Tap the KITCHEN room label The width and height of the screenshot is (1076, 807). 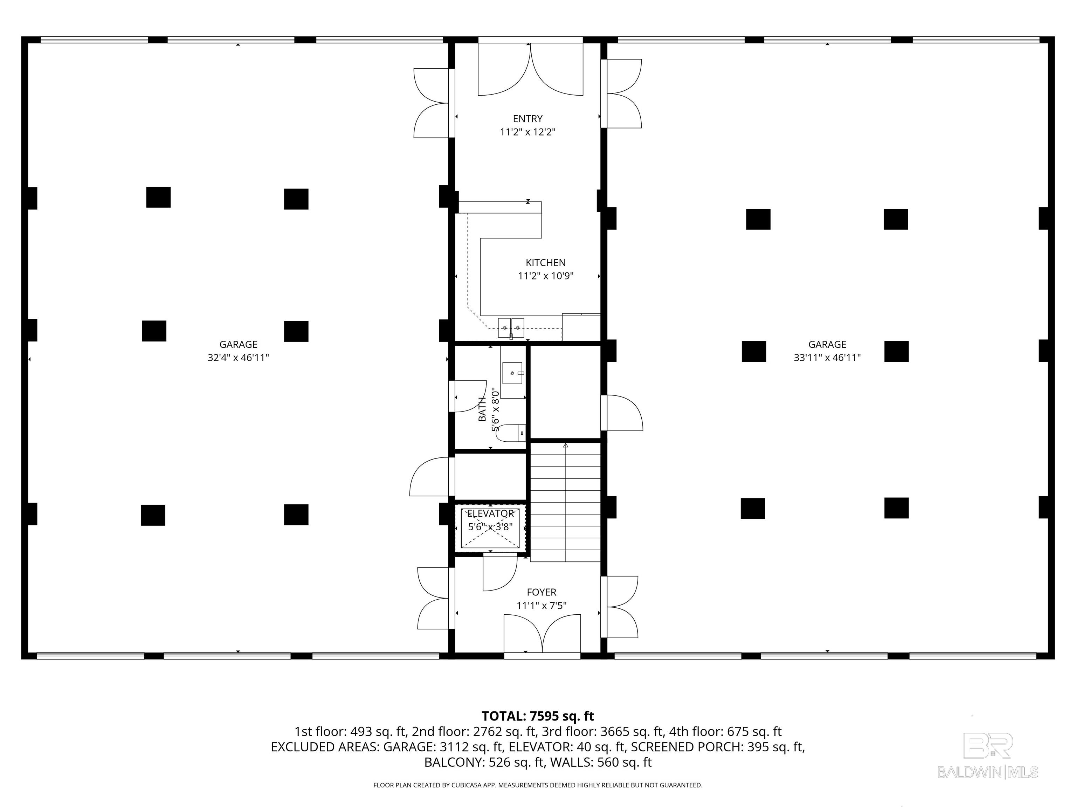tap(545, 263)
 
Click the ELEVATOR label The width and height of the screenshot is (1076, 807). tap(490, 514)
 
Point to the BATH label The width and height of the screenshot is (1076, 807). tap(482, 409)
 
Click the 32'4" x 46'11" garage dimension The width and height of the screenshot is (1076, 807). tap(239, 358)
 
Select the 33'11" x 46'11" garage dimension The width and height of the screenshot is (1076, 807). tap(827, 358)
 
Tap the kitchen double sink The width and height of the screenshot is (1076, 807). tap(511, 327)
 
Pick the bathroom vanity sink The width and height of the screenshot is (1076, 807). tap(512, 373)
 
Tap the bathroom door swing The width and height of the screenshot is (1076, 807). tap(470, 396)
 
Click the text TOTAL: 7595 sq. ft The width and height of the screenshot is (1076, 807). tap(538, 716)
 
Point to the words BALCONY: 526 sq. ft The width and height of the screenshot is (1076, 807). tap(484, 762)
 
